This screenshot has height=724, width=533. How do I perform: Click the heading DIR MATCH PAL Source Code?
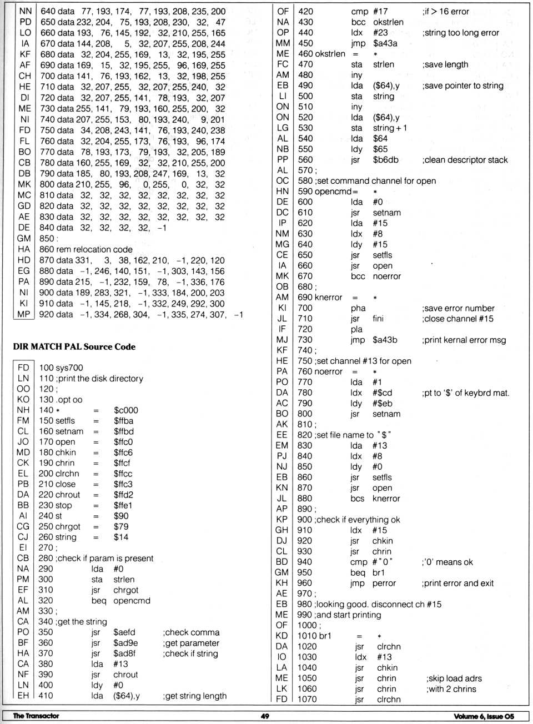pyautogui.click(x=74, y=347)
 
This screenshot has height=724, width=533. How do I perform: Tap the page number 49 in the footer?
pyautogui.click(x=265, y=716)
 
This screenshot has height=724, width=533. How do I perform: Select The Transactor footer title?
pyautogui.click(x=36, y=716)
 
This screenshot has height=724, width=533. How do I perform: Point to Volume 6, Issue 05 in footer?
pyautogui.click(x=484, y=716)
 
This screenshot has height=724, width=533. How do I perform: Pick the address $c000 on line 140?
pyautogui.click(x=126, y=410)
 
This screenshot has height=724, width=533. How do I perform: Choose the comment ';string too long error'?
pyautogui.click(x=460, y=33)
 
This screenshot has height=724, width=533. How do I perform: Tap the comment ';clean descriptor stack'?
pyautogui.click(x=465, y=160)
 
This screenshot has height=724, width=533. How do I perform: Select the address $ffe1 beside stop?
pyautogui.click(x=123, y=506)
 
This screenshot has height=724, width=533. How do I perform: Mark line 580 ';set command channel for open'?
pyautogui.click(x=366, y=181)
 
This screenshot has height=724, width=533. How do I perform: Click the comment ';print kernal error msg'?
pyautogui.click(x=464, y=340)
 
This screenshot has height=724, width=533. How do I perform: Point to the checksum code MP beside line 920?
pyautogui.click(x=24, y=314)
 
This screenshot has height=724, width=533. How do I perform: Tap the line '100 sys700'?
pyautogui.click(x=61, y=368)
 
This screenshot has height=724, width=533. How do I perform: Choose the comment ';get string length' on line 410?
pyautogui.click(x=195, y=696)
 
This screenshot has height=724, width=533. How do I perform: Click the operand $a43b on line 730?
pyautogui.click(x=385, y=340)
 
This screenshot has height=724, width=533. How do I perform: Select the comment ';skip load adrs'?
pyautogui.click(x=454, y=678)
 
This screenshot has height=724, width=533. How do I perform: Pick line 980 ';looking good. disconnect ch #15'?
pyautogui.click(x=369, y=604)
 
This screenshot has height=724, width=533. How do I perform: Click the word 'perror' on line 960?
pyautogui.click(x=384, y=583)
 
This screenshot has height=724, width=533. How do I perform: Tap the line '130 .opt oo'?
pyautogui.click(x=61, y=400)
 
